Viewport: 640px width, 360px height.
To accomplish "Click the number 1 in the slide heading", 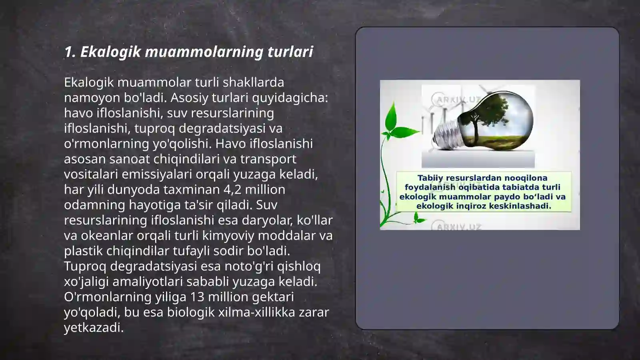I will (x=68, y=52).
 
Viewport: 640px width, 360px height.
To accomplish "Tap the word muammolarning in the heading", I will (x=204, y=52).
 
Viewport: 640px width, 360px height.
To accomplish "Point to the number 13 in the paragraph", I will (x=197, y=297).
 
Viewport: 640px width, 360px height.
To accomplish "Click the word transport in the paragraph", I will (x=268, y=159).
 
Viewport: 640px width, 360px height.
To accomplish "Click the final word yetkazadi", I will (x=94, y=327).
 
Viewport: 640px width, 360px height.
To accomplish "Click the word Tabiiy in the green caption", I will (x=430, y=178).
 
